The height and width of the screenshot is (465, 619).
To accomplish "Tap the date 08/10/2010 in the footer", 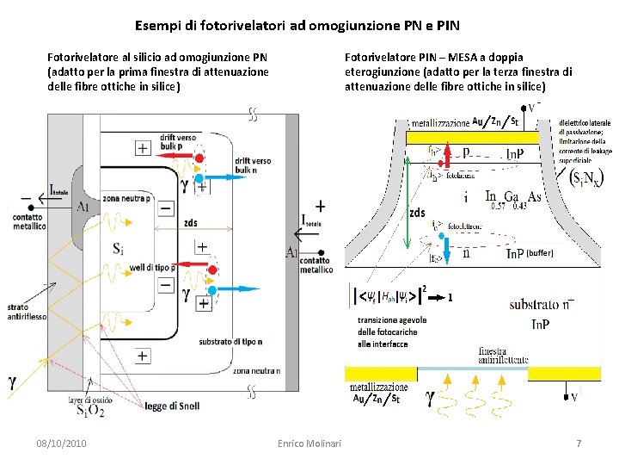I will tap(61, 443).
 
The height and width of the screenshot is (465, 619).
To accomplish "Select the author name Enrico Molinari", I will tap(309, 443).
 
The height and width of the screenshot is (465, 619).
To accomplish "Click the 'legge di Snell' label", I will tap(172, 406).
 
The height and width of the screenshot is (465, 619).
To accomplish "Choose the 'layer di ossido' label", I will tap(90, 400).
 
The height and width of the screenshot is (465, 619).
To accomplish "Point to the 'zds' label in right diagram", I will tap(417, 213).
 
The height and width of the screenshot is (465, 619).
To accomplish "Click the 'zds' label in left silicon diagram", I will tap(190, 222).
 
